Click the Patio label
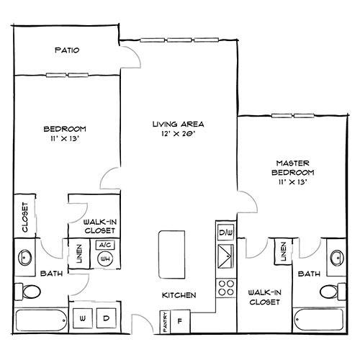[x=67, y=50]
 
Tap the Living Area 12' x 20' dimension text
[x=178, y=134]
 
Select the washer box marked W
[x=83, y=318]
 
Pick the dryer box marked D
[x=107, y=318]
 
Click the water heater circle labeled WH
[x=105, y=259]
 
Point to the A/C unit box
[x=105, y=245]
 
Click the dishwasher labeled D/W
[x=226, y=232]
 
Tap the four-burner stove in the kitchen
[x=226, y=288]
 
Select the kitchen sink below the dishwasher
[x=225, y=256]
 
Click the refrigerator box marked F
[x=180, y=322]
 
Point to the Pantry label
[x=166, y=322]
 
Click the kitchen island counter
[x=172, y=255]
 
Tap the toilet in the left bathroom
[x=27, y=292]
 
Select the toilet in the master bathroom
[x=333, y=292]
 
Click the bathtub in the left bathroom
[x=41, y=320]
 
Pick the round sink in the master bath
[x=338, y=258]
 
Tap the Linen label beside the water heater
[x=79, y=253]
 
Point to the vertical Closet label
[x=25, y=217]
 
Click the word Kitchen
[x=179, y=295]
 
